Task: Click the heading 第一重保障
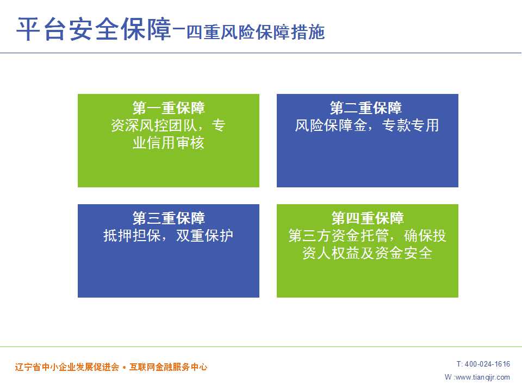point(169,108)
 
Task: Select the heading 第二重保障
point(366,108)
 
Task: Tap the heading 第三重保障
point(169,218)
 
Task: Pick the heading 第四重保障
point(368,218)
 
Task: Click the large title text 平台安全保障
point(94,29)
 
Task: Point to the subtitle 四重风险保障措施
point(256,32)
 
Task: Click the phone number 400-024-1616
point(487,364)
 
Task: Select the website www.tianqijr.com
point(482,377)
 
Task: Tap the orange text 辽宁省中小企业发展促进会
point(67,367)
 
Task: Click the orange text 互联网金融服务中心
point(169,367)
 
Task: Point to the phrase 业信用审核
point(169,143)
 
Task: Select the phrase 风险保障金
point(331,125)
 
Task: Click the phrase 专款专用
point(411,125)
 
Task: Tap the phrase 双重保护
point(204,236)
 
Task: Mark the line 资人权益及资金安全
point(368,254)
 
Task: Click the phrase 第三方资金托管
point(339,236)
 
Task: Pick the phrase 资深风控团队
point(154,125)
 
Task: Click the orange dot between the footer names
point(124,368)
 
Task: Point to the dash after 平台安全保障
point(179,29)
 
